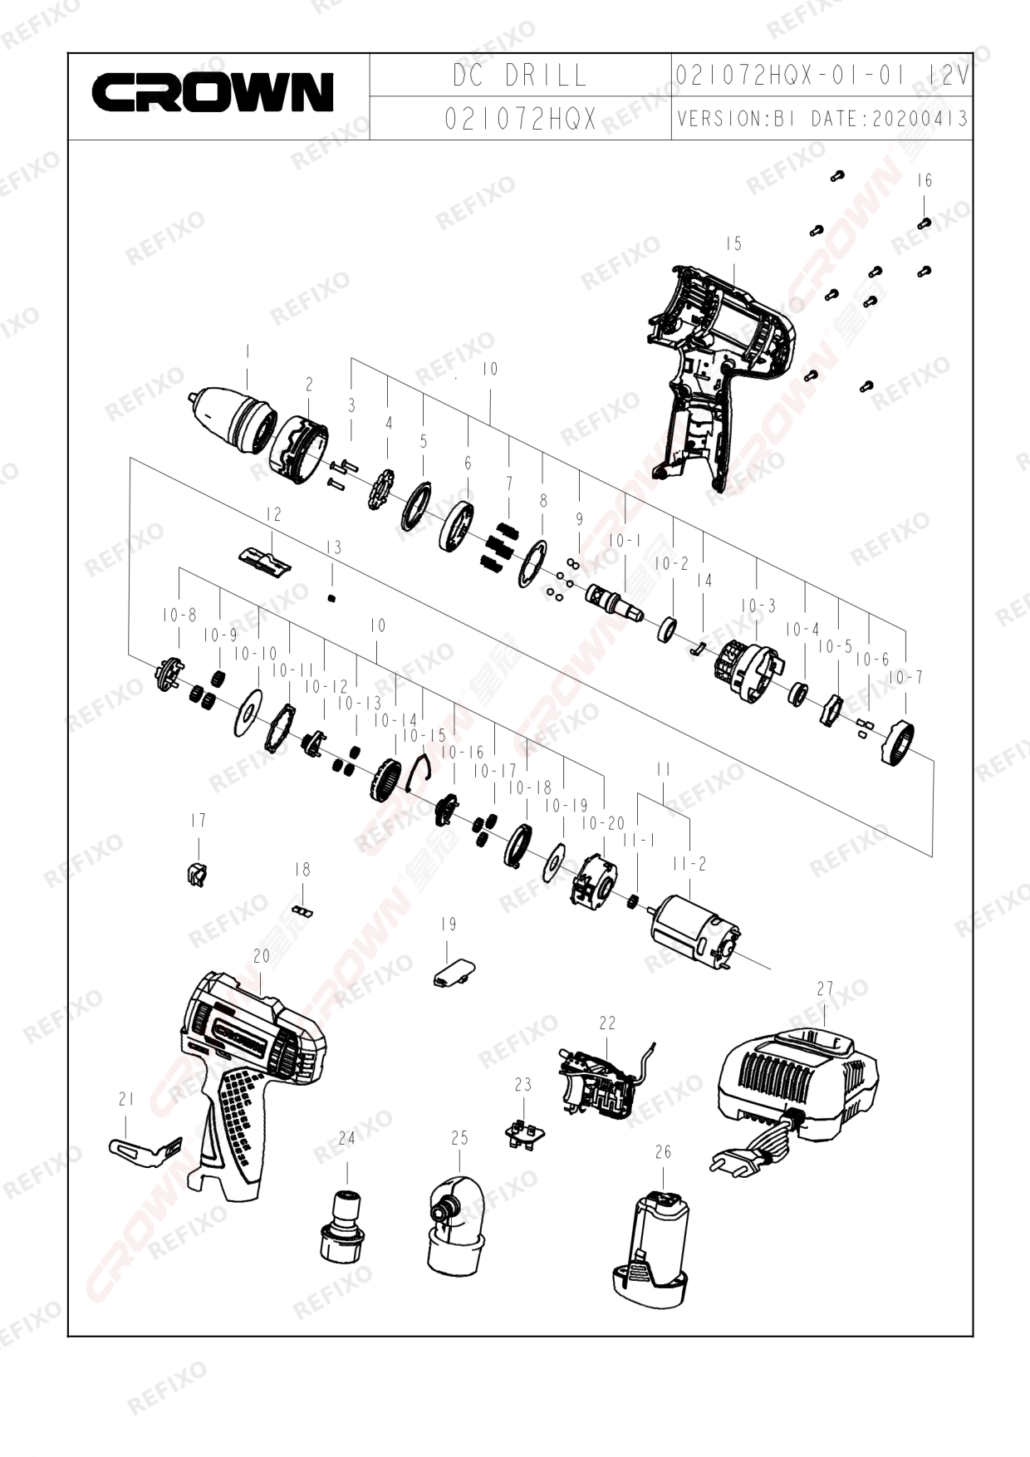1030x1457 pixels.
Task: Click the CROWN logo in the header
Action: coord(213,92)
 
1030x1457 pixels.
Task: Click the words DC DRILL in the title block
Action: coord(520,76)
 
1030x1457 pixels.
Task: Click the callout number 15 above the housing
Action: coord(733,244)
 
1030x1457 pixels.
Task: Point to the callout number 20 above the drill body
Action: coord(262,956)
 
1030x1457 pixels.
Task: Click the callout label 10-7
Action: coord(905,678)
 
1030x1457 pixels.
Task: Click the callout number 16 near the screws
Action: coord(925,180)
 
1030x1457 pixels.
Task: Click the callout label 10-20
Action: coord(603,824)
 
